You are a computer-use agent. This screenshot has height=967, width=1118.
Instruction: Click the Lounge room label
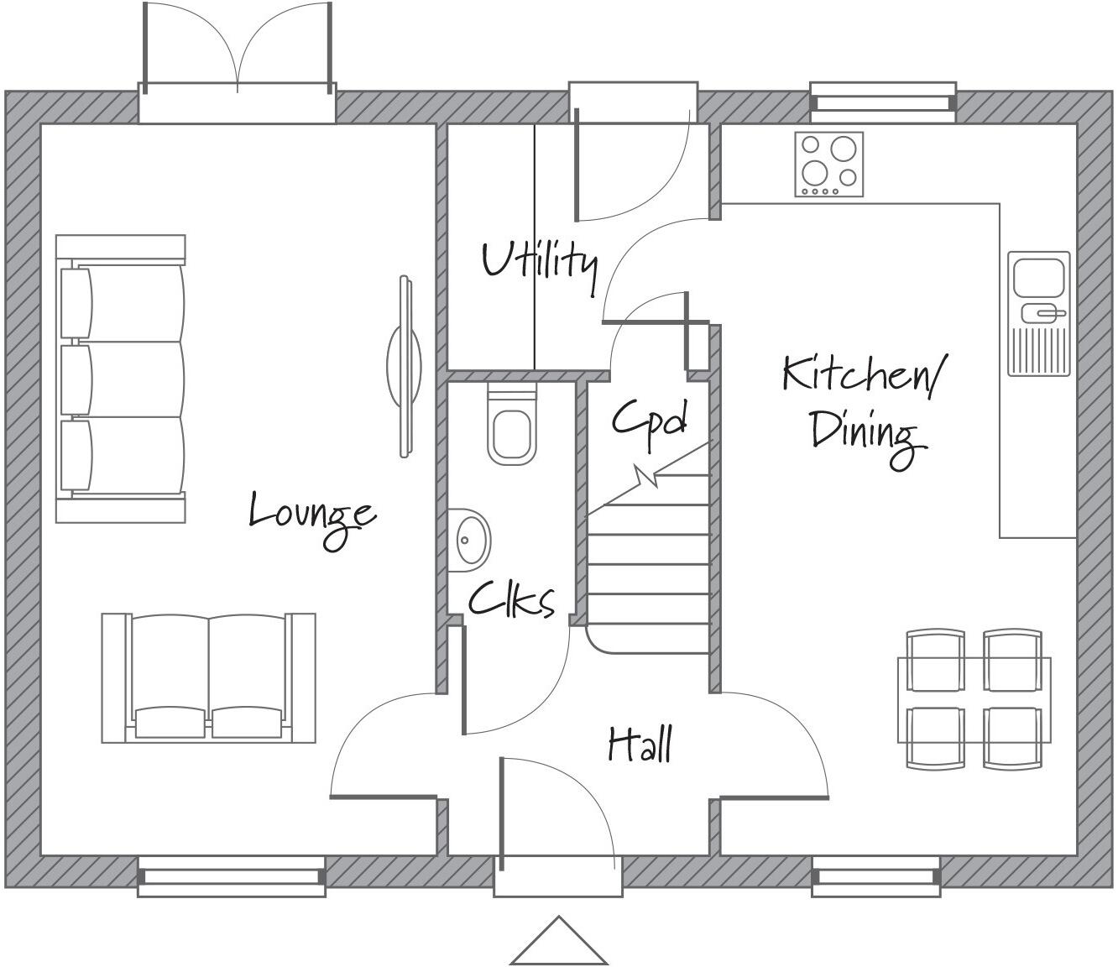pos(311,515)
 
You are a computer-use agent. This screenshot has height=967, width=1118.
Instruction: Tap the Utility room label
pos(540,260)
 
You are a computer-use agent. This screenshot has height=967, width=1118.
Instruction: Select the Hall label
pos(640,745)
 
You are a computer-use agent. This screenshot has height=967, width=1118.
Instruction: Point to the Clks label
pos(511,600)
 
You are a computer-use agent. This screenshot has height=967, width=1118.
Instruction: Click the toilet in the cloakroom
pos(511,427)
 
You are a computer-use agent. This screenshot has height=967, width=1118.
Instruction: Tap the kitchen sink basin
pos(1039,277)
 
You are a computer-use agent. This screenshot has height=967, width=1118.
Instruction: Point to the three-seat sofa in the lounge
pos(121,379)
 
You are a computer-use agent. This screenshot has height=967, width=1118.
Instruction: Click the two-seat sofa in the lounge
pos(208,677)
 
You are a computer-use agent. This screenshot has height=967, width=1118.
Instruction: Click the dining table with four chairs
pos(974,698)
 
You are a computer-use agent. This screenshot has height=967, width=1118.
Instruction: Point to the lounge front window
pos(232,876)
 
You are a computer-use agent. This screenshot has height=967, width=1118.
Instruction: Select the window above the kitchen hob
pos(883,97)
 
